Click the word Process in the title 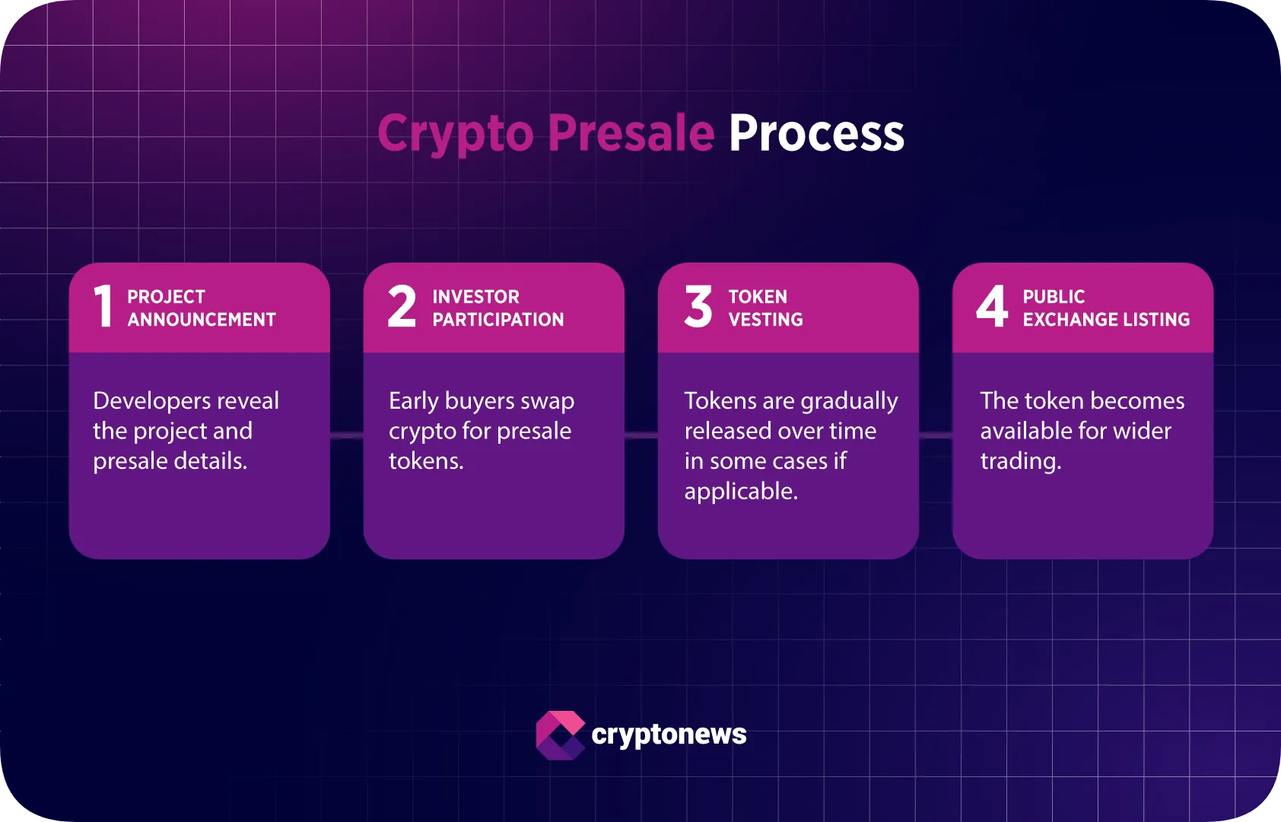816,134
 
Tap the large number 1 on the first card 103,307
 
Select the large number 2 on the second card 402,307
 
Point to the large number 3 698,307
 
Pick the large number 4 992,307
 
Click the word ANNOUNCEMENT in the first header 202,320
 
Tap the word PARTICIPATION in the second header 498,320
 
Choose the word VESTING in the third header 765,320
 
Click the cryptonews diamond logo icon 561,735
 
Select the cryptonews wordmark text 669,734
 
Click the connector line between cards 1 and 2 347,435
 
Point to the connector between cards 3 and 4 936,435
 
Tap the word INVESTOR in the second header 475,297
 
